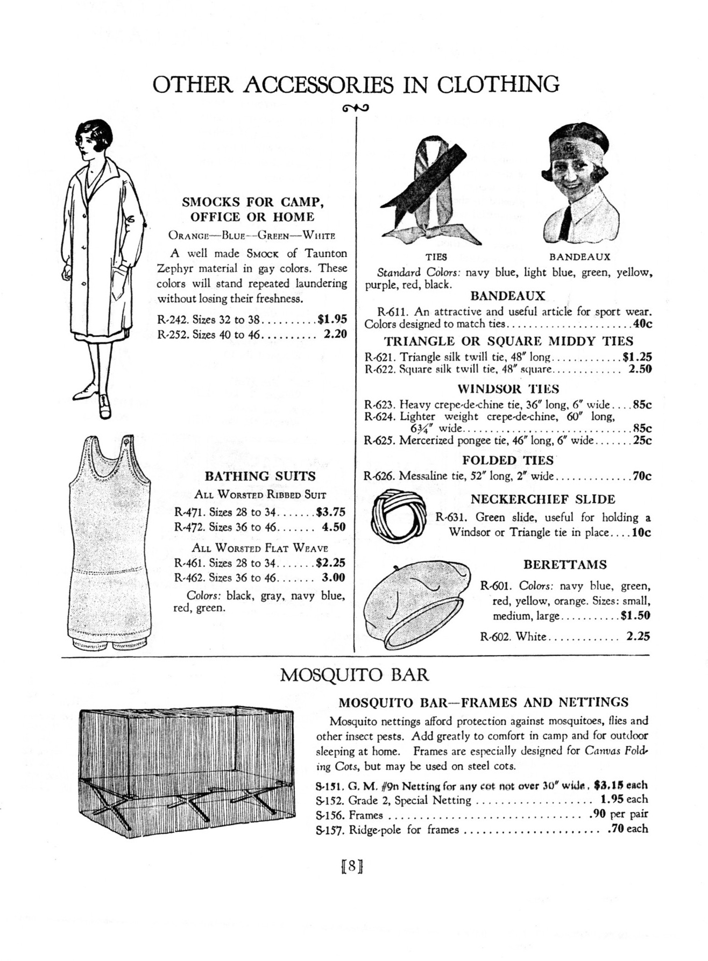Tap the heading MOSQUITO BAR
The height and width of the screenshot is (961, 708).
pyautogui.click(x=354, y=674)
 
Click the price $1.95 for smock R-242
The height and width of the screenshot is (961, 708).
pyautogui.click(x=332, y=319)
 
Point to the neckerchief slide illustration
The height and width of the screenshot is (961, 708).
pyautogui.click(x=399, y=515)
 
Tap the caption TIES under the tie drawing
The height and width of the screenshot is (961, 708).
pyautogui.click(x=436, y=257)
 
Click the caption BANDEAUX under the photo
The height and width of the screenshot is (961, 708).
pyautogui.click(x=579, y=257)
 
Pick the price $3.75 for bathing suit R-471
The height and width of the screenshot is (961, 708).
pyautogui.click(x=330, y=512)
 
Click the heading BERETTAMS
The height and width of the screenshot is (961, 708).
pyautogui.click(x=565, y=565)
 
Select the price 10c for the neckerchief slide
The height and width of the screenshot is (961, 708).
pyautogui.click(x=641, y=533)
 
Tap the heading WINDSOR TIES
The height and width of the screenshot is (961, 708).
pyautogui.click(x=508, y=389)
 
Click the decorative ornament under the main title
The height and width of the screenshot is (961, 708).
pyautogui.click(x=355, y=108)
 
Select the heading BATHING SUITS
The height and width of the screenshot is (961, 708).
pyautogui.click(x=260, y=476)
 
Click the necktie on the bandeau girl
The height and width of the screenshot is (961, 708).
pyautogui.click(x=564, y=223)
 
